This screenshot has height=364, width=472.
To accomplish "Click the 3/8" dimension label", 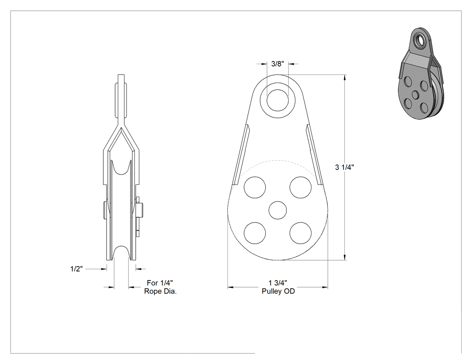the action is [277, 64].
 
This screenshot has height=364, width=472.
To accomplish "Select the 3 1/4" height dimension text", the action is [344, 167].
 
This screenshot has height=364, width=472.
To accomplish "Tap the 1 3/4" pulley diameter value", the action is [278, 283].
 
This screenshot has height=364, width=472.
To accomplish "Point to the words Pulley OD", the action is [278, 291].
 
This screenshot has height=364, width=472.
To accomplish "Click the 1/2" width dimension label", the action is [76, 269].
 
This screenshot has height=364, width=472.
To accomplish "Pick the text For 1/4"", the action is [160, 283].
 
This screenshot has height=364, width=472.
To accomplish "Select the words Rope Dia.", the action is [160, 291].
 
